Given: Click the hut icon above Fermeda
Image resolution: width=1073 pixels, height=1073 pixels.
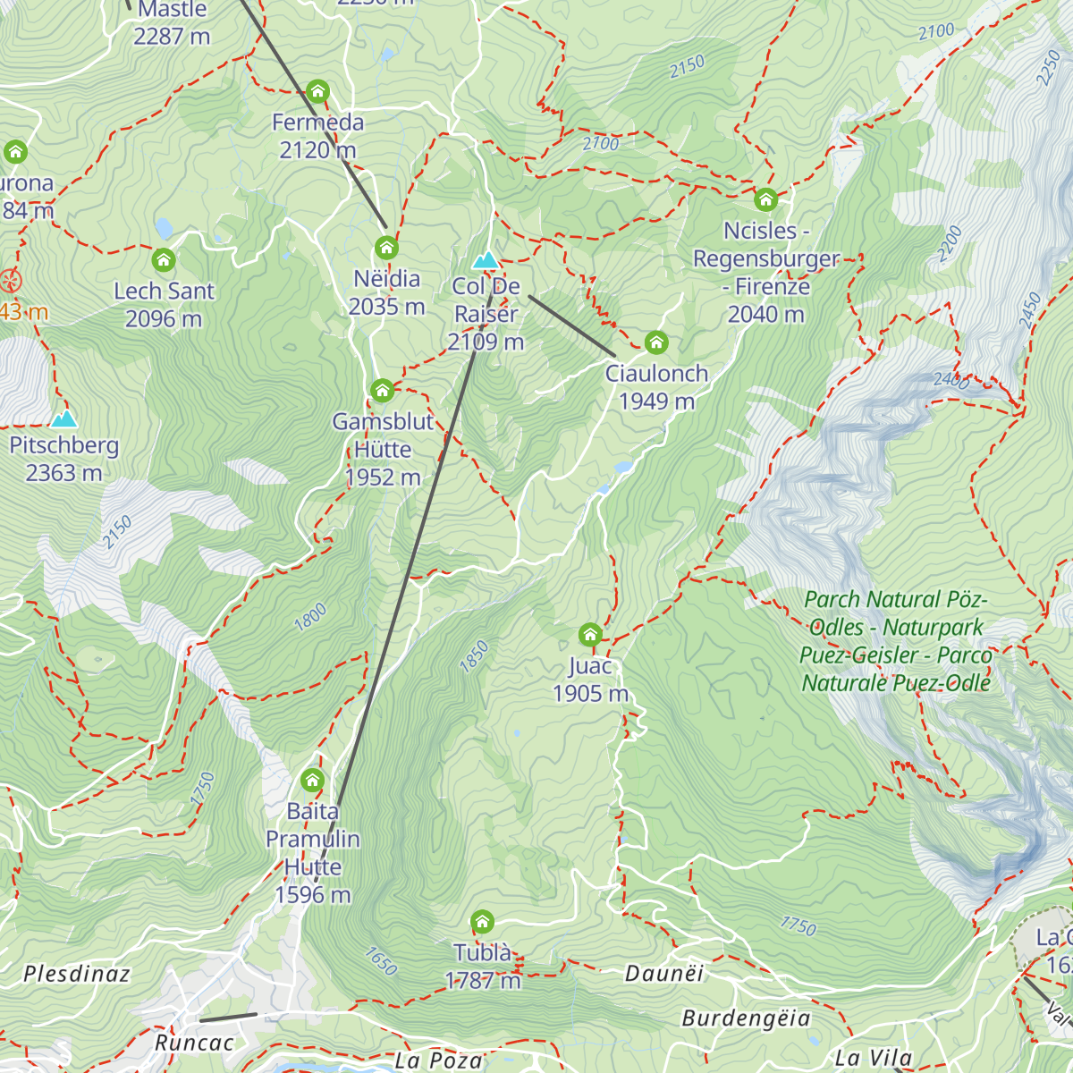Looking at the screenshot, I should coord(317,91).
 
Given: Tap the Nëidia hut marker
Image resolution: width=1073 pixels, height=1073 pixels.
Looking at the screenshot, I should coord(386,248).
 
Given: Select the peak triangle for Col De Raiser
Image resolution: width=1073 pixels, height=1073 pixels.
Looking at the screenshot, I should coord(486,260).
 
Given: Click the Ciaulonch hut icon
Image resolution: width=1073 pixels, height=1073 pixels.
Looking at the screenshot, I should coord(656,342).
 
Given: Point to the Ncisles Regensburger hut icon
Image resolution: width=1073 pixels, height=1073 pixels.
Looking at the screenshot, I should coord(765,199).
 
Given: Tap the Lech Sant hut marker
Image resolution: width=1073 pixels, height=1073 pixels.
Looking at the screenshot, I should coord(163,260).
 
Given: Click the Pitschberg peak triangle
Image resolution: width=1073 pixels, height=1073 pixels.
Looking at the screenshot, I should coord(63,419).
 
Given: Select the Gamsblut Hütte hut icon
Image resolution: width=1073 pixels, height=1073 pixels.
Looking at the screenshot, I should coord(382,391).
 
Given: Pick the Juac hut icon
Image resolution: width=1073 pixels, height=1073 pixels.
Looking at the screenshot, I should coord(589,635).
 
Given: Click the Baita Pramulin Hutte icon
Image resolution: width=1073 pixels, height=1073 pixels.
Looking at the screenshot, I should coord(312,781).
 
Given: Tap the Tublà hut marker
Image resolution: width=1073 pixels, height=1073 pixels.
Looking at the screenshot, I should coord(482,922).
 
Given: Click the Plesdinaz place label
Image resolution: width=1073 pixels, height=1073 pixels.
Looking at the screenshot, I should coord(77,974).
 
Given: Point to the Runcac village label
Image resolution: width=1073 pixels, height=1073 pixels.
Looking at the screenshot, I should coord(194,1043).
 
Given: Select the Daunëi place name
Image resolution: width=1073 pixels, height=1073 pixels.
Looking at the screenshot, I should coord(664,974).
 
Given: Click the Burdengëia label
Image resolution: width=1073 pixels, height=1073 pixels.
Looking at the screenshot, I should coord(746,1018).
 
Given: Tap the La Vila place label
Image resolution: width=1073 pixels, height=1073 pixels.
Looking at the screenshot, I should coord(874,1059).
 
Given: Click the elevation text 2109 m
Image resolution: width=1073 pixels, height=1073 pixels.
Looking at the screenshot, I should coord(486,342).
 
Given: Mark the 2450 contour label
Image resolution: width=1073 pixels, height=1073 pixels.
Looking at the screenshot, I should coord(1029,310).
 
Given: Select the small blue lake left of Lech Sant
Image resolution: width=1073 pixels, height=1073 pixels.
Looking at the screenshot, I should coord(164,228).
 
